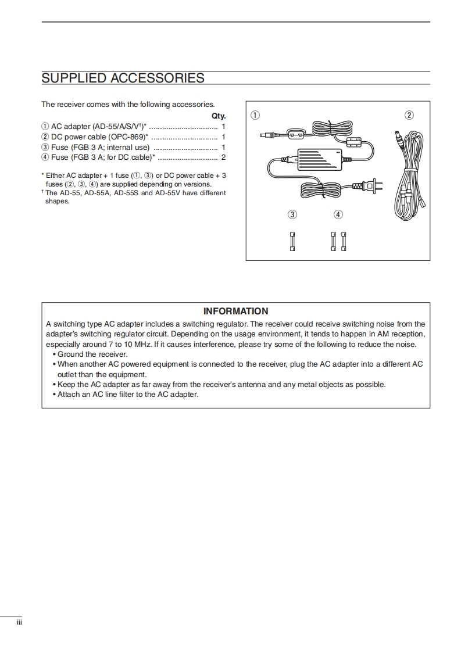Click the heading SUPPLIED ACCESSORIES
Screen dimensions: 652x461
point(123,78)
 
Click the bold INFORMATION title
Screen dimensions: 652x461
point(235,311)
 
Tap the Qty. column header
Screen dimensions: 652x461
point(219,116)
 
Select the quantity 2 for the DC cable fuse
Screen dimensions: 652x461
point(223,157)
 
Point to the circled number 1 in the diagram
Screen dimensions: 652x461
point(255,115)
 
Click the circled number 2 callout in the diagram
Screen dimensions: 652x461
point(409,115)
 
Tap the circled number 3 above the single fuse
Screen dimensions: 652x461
point(292,214)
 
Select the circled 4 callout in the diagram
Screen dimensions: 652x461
point(338,214)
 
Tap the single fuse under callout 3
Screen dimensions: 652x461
point(292,241)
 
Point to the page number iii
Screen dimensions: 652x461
point(19,623)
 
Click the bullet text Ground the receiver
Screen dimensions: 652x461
point(92,354)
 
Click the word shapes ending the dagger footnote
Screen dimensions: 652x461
point(57,201)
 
